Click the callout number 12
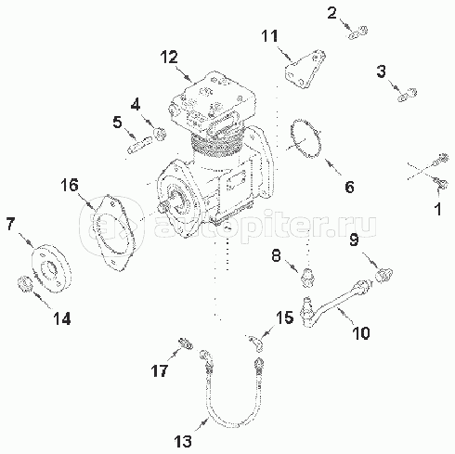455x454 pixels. (x=169, y=58)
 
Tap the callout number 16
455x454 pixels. (x=70, y=186)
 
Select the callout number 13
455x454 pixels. (x=183, y=441)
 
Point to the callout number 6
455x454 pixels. (x=349, y=187)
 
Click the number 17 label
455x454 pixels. (x=160, y=370)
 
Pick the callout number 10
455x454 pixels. (x=361, y=333)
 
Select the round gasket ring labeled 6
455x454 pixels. (x=305, y=138)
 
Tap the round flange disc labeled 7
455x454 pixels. (x=51, y=268)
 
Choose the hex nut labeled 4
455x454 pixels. (x=161, y=134)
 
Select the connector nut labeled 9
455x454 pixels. (x=383, y=275)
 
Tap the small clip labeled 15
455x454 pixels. (x=256, y=343)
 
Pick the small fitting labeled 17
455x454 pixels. (x=185, y=344)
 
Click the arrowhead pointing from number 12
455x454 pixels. (x=189, y=78)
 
